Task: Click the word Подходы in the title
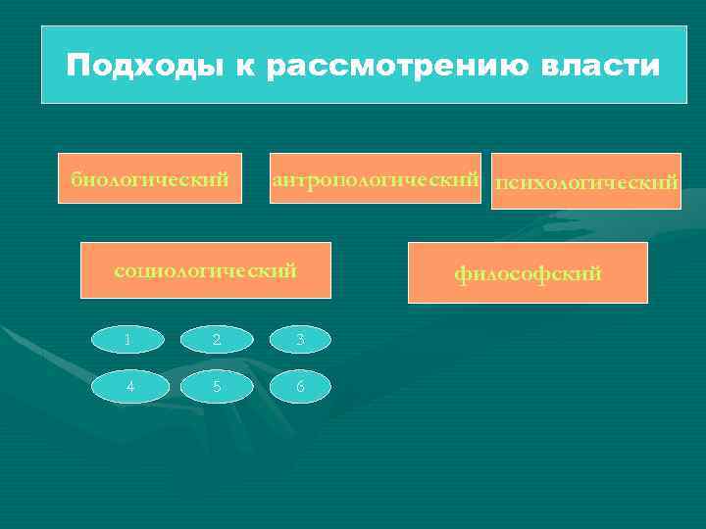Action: (x=145, y=67)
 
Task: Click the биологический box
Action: (x=150, y=178)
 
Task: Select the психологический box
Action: (x=586, y=182)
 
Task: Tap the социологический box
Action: (x=206, y=269)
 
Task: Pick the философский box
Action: (x=528, y=272)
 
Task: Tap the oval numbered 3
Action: (x=301, y=339)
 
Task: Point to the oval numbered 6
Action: (x=301, y=385)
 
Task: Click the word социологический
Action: (x=206, y=270)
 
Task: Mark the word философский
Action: (x=528, y=274)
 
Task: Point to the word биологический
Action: (x=150, y=179)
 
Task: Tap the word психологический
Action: (x=586, y=183)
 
